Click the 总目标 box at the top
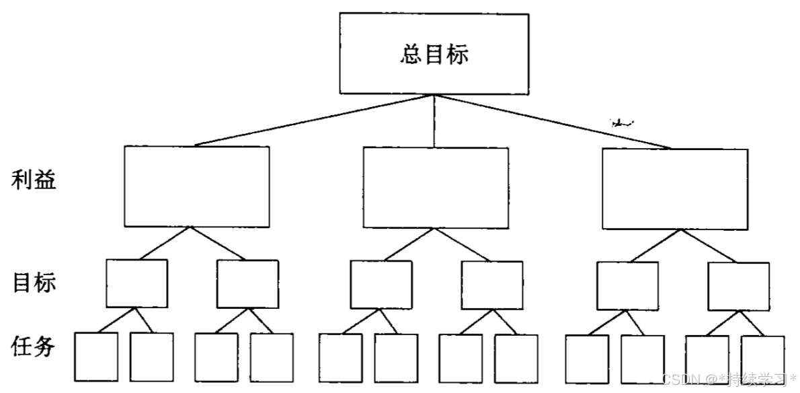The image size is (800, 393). tap(434, 54)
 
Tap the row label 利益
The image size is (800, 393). tap(34, 180)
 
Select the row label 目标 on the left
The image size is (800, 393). tap(34, 283)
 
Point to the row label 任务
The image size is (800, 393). tap(34, 347)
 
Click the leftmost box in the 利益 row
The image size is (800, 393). tap(196, 186)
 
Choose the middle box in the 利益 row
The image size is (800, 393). tap(436, 188)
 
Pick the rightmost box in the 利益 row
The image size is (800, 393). tap(674, 188)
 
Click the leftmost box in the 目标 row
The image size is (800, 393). tap(136, 283)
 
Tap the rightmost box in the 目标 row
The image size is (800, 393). tap(738, 287)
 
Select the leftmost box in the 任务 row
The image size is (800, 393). tap(96, 357)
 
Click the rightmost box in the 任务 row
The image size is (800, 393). tap(763, 359)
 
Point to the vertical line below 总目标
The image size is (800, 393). tap(434, 121)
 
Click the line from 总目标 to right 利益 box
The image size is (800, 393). tap(555, 121)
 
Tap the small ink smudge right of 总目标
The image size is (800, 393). tap(621, 122)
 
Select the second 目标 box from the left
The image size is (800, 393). tap(247, 284)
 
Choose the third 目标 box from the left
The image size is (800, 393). tap(381, 285)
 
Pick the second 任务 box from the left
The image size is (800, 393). tap(151, 357)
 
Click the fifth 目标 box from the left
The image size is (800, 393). tap(628, 286)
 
